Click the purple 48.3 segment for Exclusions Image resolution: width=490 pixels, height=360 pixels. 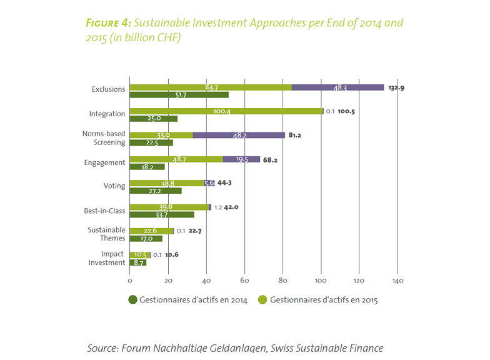click(338, 87)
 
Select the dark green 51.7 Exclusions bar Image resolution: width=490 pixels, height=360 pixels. click(179, 95)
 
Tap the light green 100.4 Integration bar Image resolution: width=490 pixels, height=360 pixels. click(226, 111)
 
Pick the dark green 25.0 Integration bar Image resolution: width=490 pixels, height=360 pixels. click(153, 119)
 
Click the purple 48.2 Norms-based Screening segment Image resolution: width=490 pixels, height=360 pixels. click(239, 135)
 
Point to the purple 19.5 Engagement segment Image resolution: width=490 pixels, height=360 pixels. click(241, 159)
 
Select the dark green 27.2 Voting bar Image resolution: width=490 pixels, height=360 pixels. click(156, 191)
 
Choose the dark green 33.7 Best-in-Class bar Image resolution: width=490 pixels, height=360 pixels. click(162, 215)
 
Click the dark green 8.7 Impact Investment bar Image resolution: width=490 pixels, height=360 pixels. click(138, 263)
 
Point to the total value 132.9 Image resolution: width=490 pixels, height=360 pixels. click(396, 88)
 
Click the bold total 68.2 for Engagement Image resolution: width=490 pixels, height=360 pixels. click(271, 160)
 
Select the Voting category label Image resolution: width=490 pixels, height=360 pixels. click(114, 186)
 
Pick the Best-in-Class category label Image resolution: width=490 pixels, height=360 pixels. click(104, 211)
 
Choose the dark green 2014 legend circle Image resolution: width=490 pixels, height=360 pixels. click(132, 300)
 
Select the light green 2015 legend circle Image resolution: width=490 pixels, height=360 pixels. click(264, 300)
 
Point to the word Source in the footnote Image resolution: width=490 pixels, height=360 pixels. click(102, 348)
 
